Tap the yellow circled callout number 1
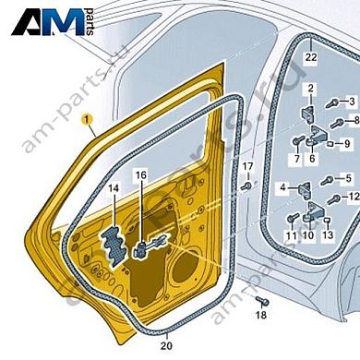87,119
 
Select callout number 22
310,57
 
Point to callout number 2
311,89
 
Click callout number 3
351,101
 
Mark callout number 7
297,159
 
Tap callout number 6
313,159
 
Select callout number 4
282,187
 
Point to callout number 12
354,198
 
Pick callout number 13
328,235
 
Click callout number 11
290,235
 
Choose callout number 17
247,166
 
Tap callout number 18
260,316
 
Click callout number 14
113,189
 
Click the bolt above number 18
261,301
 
